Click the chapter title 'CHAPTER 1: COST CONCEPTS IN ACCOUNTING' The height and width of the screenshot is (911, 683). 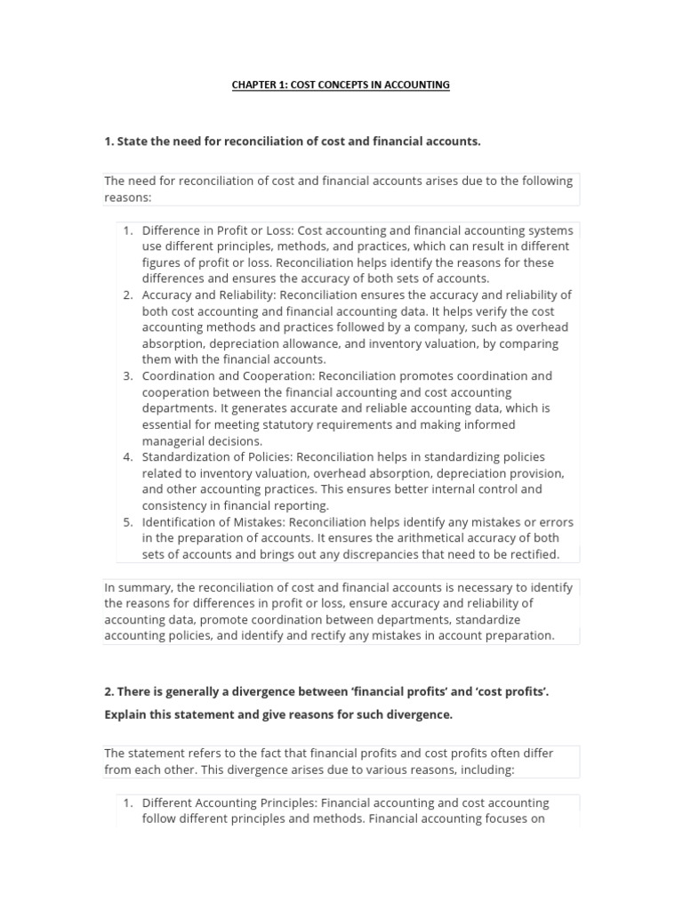pos(341,85)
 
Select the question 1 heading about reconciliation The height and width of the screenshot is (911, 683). pos(293,141)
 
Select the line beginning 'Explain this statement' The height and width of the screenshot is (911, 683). pos(278,714)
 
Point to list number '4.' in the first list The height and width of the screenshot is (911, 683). pos(128,457)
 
